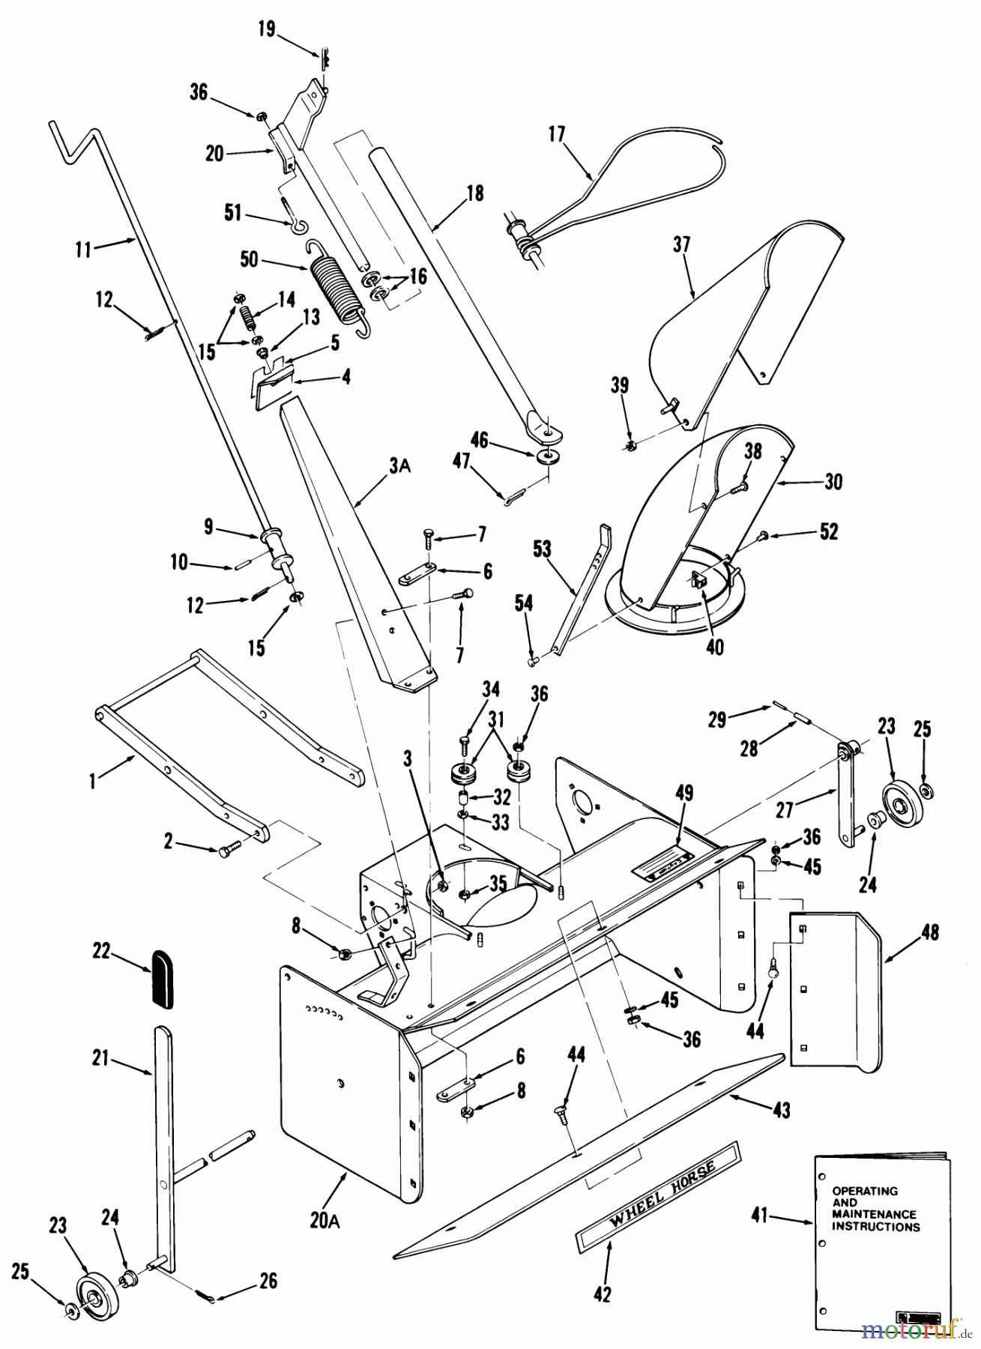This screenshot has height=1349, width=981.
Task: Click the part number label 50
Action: (x=249, y=260)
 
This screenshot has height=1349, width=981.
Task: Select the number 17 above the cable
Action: (x=557, y=134)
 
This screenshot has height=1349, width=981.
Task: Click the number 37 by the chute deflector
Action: (x=681, y=244)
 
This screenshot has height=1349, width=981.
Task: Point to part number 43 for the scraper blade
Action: (x=781, y=1110)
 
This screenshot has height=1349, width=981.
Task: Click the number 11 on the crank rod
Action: (x=84, y=249)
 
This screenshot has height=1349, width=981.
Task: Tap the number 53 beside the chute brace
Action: (x=541, y=549)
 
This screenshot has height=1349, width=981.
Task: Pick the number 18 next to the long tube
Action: (x=474, y=193)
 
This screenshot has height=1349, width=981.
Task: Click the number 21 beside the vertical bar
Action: (x=101, y=1058)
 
